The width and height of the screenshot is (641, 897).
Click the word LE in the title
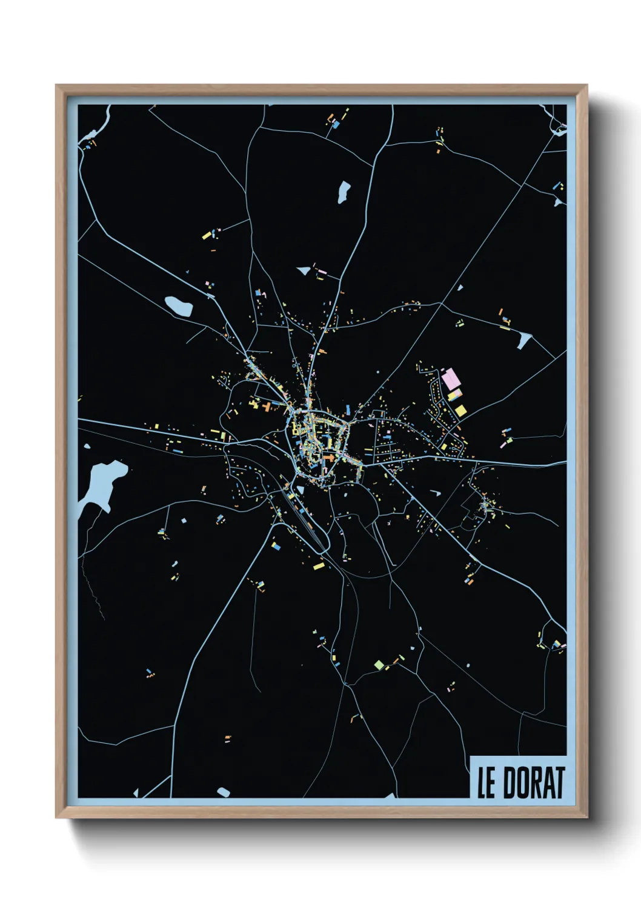(486, 783)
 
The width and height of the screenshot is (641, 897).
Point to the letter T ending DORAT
(559, 783)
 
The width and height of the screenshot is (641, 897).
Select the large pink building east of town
(450, 379)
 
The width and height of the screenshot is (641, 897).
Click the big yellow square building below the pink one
(460, 411)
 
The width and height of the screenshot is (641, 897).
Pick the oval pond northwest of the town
(179, 305)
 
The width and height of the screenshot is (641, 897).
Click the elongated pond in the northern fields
(344, 191)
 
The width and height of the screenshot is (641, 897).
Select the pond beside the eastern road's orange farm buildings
(523, 341)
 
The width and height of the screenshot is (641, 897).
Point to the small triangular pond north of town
(304, 270)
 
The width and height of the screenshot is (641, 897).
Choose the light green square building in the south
(379, 664)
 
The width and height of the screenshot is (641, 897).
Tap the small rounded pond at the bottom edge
(224, 792)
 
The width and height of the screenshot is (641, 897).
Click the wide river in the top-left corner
(97, 124)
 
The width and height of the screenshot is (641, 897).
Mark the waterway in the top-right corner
(556, 121)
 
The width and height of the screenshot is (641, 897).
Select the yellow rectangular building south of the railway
(319, 566)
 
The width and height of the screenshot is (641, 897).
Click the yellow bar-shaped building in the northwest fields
(207, 235)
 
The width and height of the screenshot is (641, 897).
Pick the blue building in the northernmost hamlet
(335, 124)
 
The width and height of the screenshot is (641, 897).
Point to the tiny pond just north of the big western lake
(87, 447)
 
